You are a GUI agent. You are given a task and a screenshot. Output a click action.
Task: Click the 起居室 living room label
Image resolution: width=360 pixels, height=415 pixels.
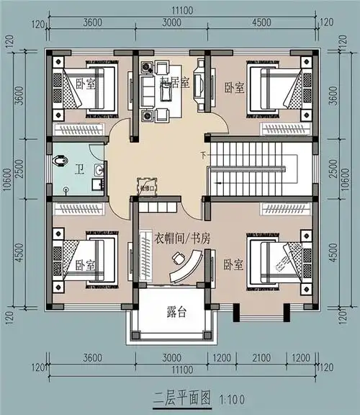point(175,83)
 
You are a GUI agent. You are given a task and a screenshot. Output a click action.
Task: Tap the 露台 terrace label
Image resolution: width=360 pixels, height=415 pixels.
point(177,312)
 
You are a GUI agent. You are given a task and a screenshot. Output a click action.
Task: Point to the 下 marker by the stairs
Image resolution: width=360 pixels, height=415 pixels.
point(203,154)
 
